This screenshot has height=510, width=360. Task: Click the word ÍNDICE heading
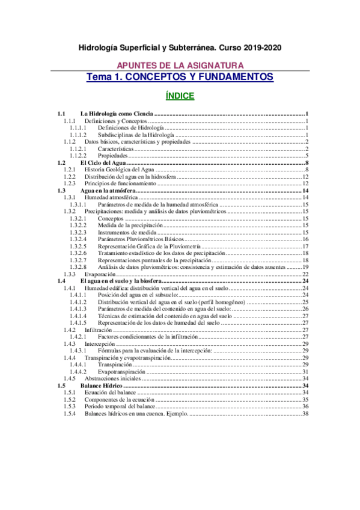(180, 95)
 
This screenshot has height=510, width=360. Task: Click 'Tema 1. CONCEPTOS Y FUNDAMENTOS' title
(180, 77)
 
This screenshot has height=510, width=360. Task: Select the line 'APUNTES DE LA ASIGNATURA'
(180, 64)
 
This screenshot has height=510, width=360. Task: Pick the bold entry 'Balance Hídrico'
(102, 386)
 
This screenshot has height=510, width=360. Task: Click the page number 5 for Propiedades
(306, 156)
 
